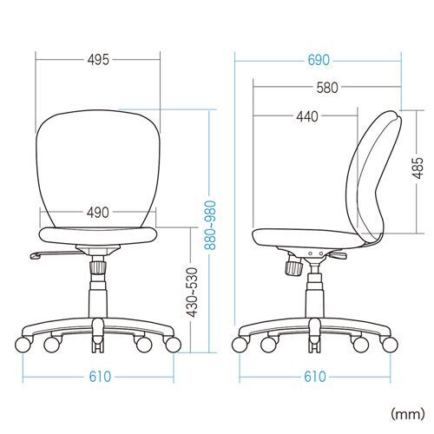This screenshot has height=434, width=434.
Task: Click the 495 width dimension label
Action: (x=98, y=60)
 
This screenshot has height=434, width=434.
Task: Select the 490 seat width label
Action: (x=98, y=213)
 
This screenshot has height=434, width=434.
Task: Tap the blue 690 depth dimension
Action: (x=319, y=61)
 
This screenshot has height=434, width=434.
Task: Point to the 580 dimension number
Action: (x=327, y=88)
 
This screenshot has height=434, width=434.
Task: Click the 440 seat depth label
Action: (x=307, y=116)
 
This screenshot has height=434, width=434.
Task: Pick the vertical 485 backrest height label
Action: (x=418, y=168)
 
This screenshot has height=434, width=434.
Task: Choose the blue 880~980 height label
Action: (x=210, y=225)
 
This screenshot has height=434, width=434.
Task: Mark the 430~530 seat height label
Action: (x=192, y=293)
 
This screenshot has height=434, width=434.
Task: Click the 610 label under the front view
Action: (x=100, y=377)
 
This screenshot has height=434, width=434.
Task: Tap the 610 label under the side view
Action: (x=315, y=377)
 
